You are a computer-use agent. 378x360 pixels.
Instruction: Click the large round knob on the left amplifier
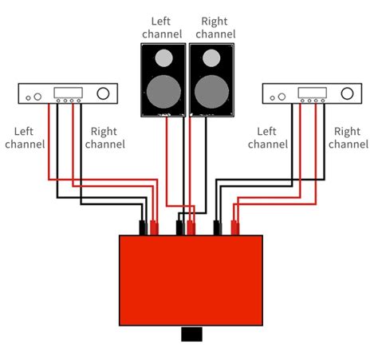click(103, 95)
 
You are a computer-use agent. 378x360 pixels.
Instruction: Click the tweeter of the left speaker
click(163, 58)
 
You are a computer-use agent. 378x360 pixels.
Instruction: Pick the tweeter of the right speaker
click(211, 58)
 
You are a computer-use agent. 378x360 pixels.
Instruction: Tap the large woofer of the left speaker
click(163, 89)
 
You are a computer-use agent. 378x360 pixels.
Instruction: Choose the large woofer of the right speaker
click(211, 89)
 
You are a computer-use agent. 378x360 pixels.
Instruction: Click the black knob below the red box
click(191, 334)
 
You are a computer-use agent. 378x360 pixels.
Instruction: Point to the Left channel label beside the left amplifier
click(25, 137)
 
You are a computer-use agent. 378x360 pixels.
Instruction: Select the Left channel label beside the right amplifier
click(267, 137)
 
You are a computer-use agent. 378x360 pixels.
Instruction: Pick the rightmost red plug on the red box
click(236, 227)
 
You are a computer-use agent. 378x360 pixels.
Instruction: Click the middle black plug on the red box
click(180, 227)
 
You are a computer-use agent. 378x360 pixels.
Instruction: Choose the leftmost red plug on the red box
click(154, 227)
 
